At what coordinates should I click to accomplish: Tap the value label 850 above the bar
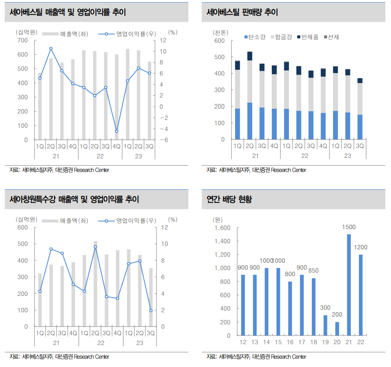click(x=314, y=271)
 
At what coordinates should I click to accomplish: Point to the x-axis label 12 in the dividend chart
click(x=243, y=342)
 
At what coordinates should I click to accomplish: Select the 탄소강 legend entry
click(x=255, y=37)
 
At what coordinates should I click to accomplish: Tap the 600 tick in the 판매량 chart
click(x=219, y=41)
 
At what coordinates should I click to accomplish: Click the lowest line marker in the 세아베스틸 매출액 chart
click(x=117, y=131)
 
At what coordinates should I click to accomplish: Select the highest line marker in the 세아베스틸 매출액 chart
click(x=51, y=49)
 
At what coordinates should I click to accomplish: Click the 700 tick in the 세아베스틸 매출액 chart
click(x=22, y=41)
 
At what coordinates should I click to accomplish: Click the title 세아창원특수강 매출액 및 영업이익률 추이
click(x=74, y=199)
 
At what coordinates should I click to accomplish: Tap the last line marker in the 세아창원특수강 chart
click(x=151, y=310)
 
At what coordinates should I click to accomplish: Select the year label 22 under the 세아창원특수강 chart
click(x=101, y=343)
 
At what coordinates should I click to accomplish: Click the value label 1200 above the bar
click(x=360, y=248)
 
